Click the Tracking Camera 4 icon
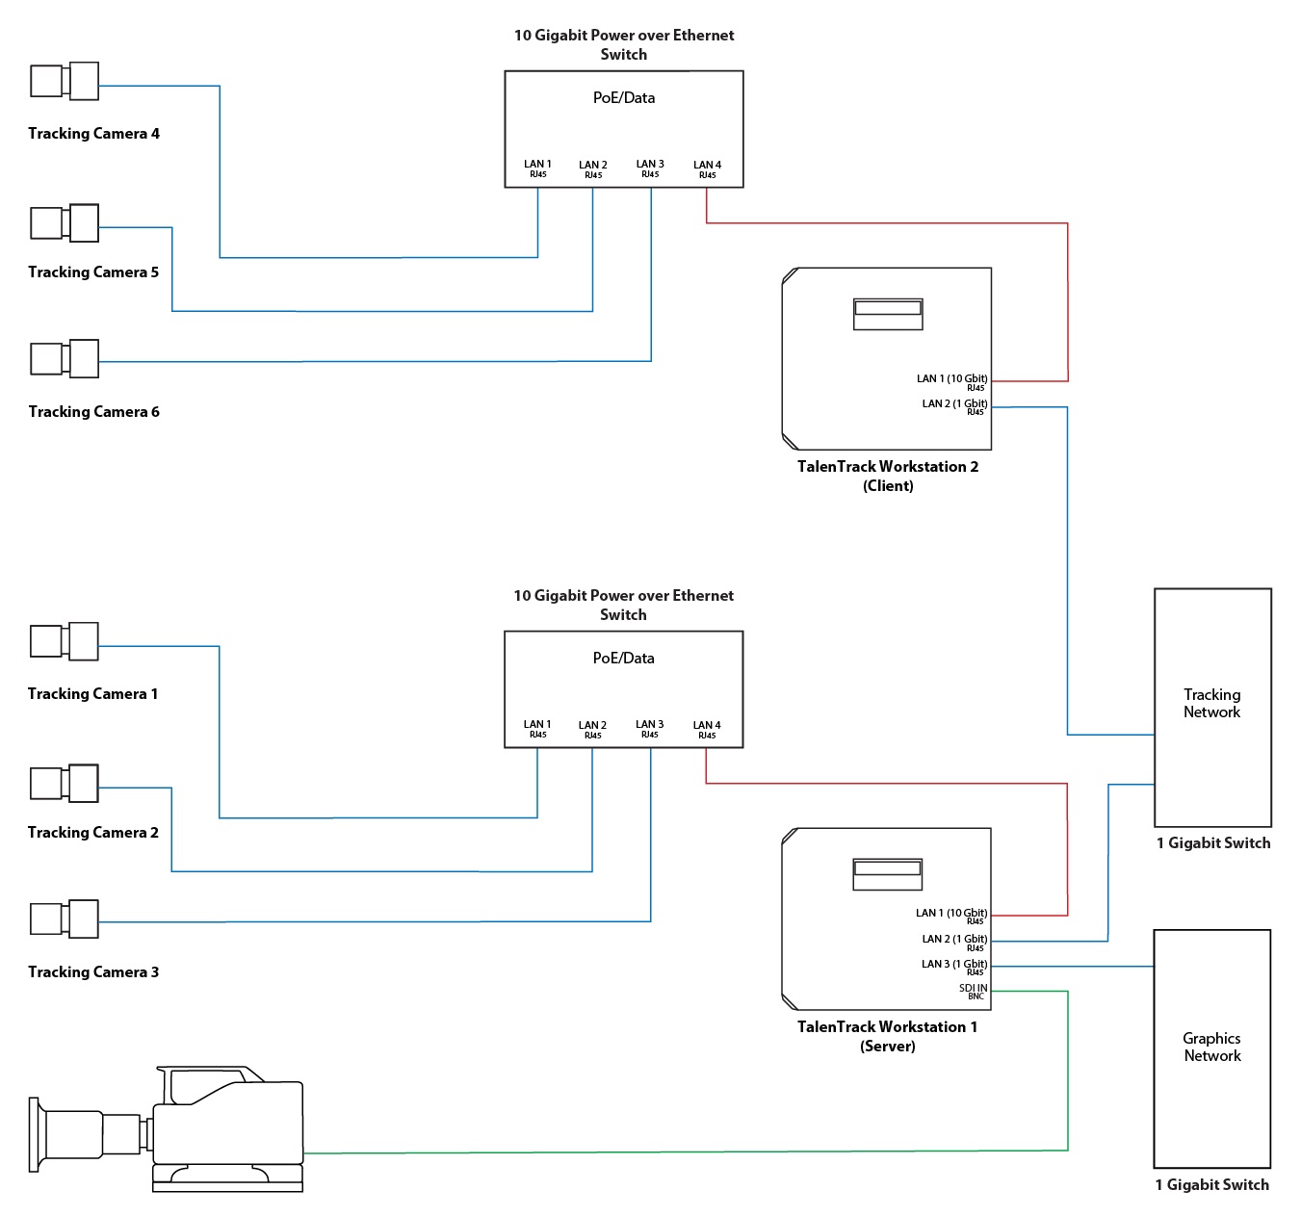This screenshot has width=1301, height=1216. [x=65, y=81]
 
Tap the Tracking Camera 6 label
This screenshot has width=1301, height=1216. [x=93, y=412]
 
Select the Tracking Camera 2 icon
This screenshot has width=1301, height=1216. [x=65, y=784]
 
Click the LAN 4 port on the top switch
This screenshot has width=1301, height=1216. [x=707, y=168]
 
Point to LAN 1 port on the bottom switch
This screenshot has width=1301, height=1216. [x=537, y=729]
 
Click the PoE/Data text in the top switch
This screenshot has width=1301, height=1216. [x=624, y=98]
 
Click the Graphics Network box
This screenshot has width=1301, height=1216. [x=1211, y=1048]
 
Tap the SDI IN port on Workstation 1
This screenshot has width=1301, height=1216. [x=973, y=991]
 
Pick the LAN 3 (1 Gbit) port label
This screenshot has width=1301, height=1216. [x=953, y=966]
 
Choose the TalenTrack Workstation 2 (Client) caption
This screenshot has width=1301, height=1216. [x=888, y=476]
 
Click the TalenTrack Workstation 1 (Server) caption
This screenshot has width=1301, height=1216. [x=887, y=1036]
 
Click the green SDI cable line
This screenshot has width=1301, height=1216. [x=674, y=1151]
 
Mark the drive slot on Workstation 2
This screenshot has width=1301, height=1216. [x=888, y=309]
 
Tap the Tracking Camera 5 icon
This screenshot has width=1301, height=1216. [x=65, y=222]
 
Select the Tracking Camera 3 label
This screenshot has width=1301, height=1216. [x=93, y=972]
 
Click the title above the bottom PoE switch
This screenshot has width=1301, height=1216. [x=623, y=605]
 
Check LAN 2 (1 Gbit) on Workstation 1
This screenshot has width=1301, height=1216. [x=953, y=941]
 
